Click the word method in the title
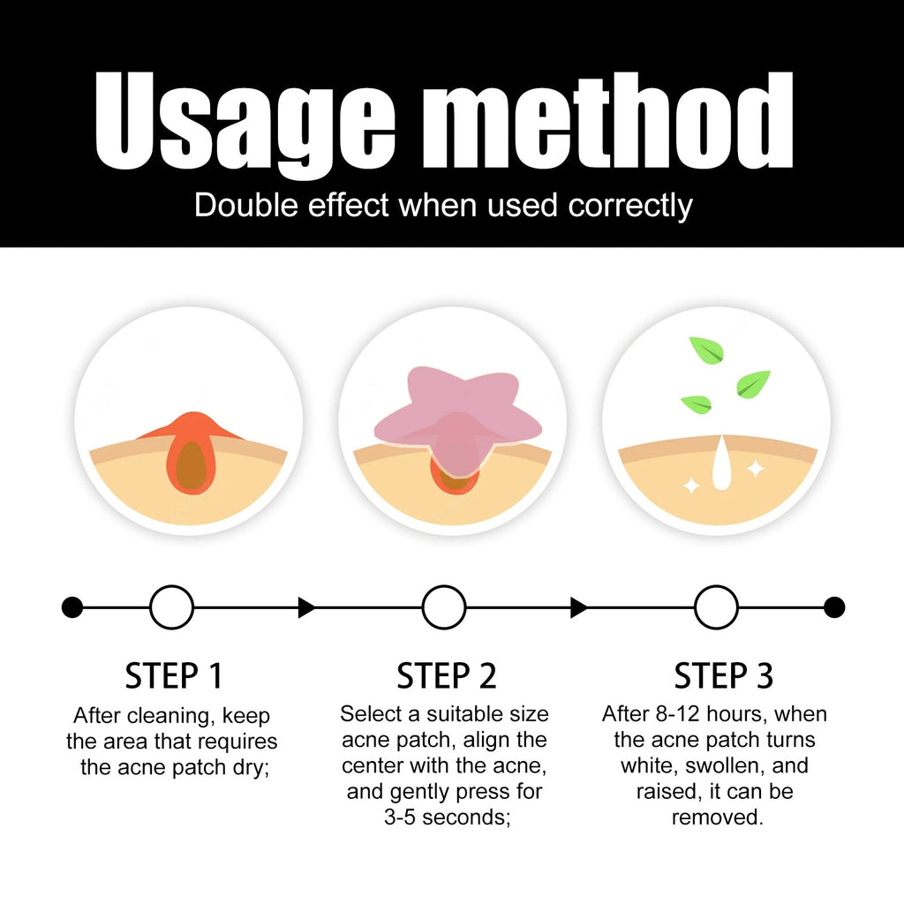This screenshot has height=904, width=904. point(607,120)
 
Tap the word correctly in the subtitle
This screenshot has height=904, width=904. point(630,207)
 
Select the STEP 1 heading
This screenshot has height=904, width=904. point(174,675)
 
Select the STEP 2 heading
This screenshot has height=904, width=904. point(446,675)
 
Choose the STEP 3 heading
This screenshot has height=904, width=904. point(724,675)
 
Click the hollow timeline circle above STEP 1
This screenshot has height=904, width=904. point(172,607)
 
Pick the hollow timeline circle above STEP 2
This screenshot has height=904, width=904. point(444,607)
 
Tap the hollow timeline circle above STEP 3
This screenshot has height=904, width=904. point(716,607)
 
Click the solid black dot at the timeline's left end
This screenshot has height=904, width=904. point(72,607)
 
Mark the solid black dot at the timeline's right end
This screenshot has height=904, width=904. point(834,607)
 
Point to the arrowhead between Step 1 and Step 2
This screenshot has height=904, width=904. point(306,607)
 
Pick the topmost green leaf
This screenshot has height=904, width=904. point(707,350)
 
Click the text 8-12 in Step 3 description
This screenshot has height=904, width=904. point(678,713)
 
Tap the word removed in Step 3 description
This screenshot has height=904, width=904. point(717,817)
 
